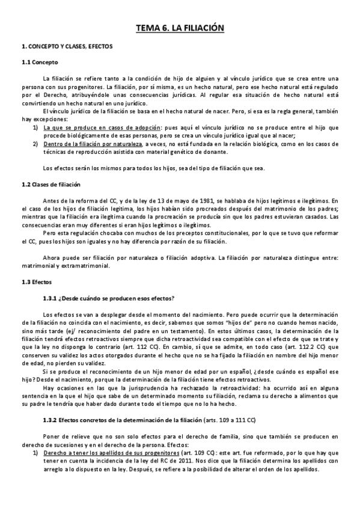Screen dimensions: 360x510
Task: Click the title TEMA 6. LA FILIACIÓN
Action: (x=180, y=28)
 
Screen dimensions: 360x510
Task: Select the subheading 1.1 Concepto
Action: (x=40, y=62)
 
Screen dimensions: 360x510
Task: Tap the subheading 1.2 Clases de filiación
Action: (x=51, y=184)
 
